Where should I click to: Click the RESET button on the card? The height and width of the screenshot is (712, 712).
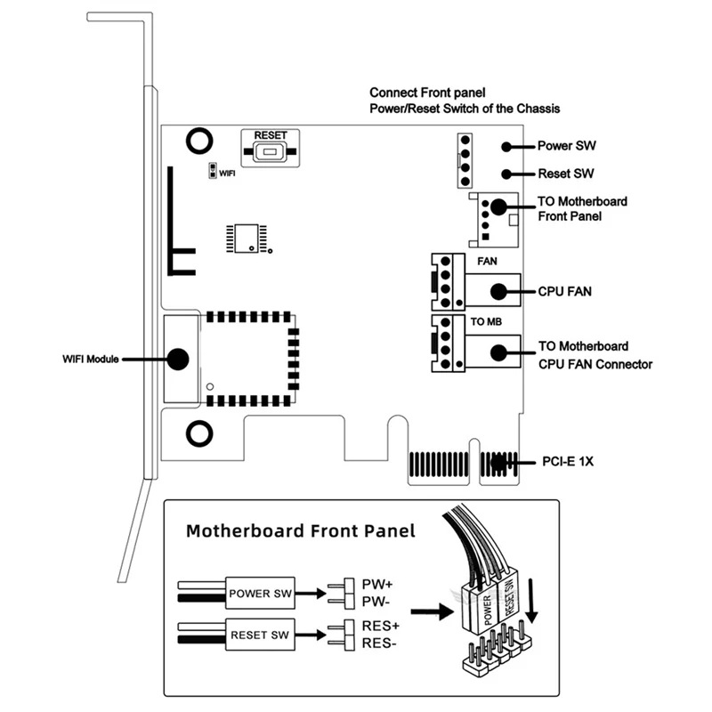coord(271,152)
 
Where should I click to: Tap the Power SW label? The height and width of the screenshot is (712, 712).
coord(567,146)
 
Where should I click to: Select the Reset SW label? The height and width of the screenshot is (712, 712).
coord(566,174)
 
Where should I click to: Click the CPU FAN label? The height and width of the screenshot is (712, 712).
coord(565,291)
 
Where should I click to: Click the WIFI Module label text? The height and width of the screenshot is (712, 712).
coord(88,359)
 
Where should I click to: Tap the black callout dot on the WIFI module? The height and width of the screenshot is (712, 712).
coord(177,359)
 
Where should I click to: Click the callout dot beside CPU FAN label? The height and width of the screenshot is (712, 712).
coord(500,291)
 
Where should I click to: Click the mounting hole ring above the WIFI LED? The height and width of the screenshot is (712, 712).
coord(198,140)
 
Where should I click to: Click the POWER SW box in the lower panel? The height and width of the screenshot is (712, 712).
coord(260,592)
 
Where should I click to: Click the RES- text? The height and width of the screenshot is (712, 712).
coord(379,643)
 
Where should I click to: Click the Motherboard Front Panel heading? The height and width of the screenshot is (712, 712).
coord(300,531)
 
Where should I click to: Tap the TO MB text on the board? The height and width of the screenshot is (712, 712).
coord(484,321)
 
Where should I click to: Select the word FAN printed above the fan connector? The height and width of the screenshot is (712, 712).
coord(488,262)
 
